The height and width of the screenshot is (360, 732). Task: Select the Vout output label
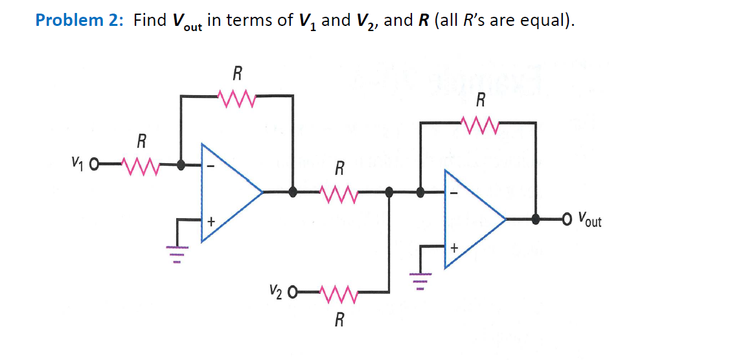click(x=589, y=219)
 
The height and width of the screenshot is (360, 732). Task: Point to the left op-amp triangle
click(x=227, y=192)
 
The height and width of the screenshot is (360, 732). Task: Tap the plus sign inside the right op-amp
click(x=454, y=247)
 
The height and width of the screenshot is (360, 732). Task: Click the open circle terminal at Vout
click(x=567, y=219)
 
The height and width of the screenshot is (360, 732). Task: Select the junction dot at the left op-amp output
click(x=293, y=192)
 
